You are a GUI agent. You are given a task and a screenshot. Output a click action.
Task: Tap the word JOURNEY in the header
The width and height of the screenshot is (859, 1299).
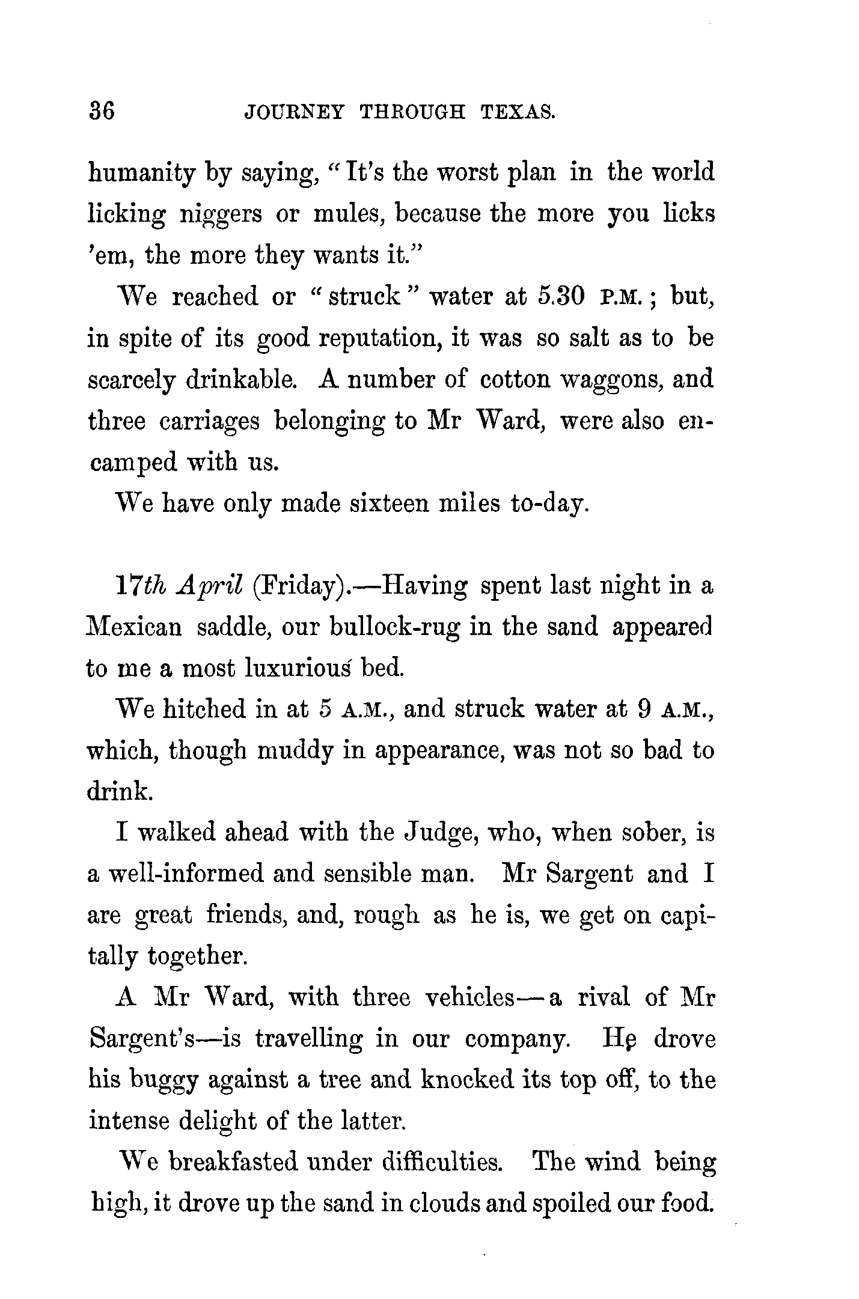click(294, 112)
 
